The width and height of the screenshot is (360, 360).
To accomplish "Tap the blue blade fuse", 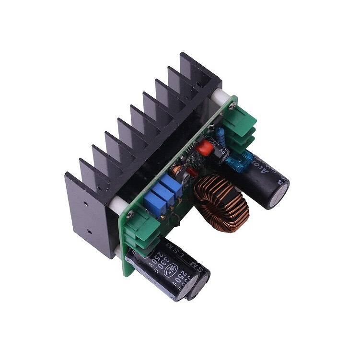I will [238, 162].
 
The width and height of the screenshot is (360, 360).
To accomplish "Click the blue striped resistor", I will [221, 136].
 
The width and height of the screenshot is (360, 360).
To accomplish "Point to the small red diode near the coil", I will [192, 171].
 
